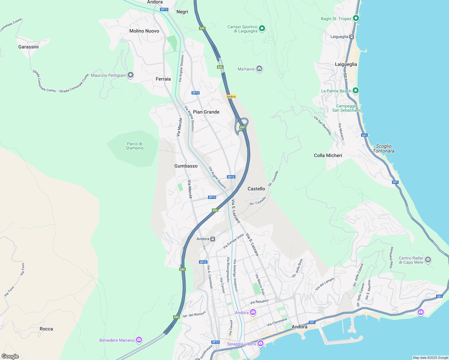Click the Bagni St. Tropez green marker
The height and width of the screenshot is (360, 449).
356,18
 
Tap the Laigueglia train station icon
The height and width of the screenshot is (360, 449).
351,37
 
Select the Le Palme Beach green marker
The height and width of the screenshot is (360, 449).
356,90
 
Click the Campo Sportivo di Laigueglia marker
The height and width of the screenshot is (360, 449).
262,28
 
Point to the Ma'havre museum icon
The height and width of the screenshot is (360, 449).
259,69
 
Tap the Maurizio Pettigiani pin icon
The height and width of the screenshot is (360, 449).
130,75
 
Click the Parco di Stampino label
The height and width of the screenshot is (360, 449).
134,146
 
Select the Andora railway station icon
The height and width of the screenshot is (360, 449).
212,239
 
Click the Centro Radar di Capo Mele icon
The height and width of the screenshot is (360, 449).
428,259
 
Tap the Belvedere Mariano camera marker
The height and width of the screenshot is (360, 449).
139,340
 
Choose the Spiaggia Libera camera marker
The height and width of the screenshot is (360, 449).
260,343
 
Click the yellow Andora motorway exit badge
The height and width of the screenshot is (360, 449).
231,97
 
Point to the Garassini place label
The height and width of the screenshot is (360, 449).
29,47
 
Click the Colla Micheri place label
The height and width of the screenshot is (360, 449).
328,155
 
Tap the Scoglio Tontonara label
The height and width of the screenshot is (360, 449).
384,148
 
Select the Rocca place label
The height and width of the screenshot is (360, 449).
46,329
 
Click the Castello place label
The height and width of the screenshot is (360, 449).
256,189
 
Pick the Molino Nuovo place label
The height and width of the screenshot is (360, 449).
144,31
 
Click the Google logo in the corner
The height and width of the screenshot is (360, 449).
10,356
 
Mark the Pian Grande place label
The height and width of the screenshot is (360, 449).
206,112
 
